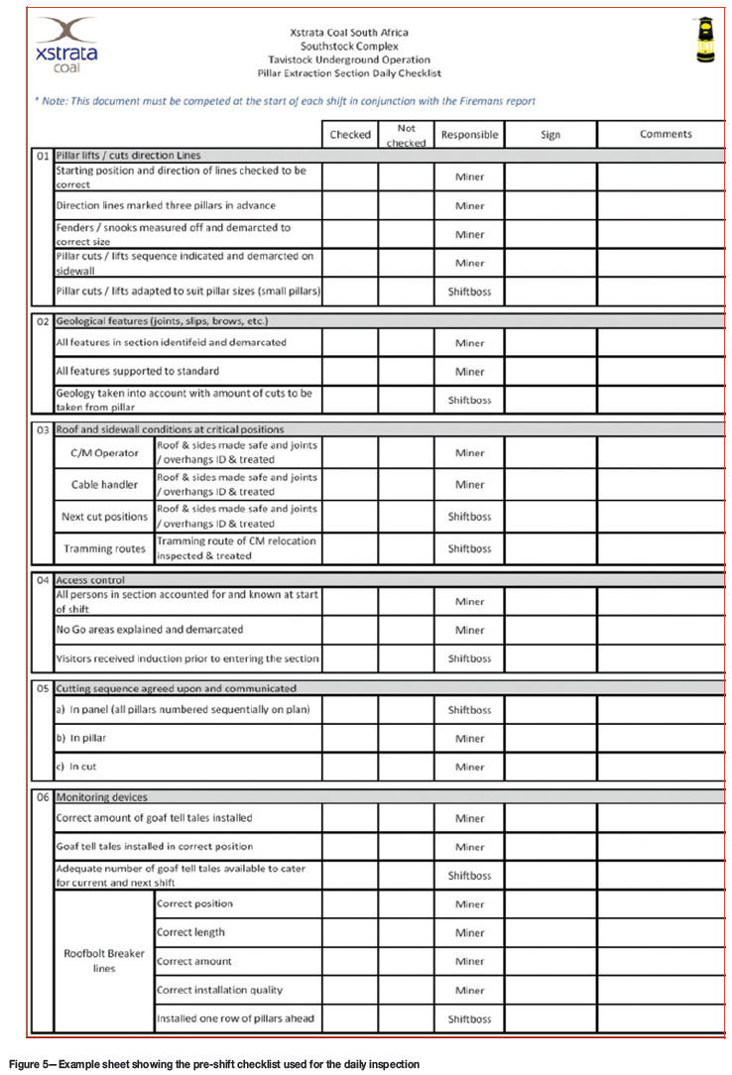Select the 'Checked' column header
point(349,135)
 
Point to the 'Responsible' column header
point(469,135)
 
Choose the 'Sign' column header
point(549,135)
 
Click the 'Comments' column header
point(665,135)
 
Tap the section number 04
point(42,579)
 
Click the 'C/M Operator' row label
point(103,452)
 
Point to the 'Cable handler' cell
point(103,485)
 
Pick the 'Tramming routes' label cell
point(103,548)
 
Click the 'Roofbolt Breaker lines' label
point(103,961)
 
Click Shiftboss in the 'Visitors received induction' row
point(469,658)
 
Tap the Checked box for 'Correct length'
point(349,933)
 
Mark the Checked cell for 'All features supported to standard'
point(349,372)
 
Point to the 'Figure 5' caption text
point(212,1064)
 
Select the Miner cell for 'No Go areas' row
point(469,630)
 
